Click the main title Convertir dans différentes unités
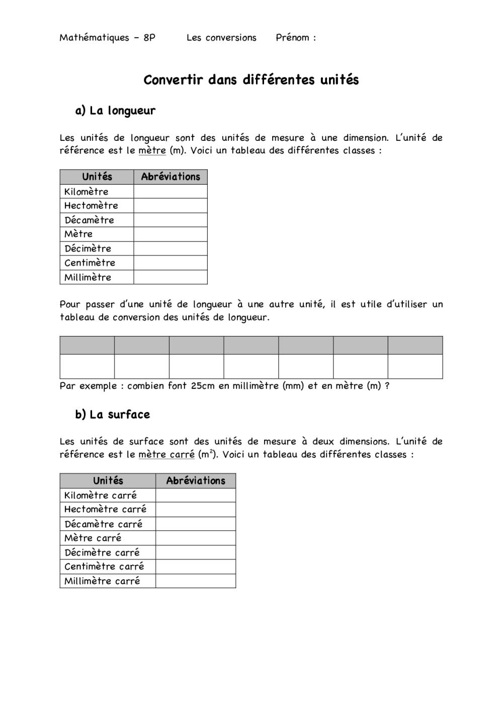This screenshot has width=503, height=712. coord(251,80)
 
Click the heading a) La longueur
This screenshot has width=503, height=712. coord(115,111)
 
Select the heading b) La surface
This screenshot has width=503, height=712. coord(113,415)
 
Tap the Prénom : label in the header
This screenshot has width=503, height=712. coord(296,38)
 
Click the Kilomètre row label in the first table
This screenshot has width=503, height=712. coord(86,192)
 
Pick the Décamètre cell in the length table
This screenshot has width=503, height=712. coord(89,220)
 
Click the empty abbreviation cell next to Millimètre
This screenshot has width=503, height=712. coord(171,277)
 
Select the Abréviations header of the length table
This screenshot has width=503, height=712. coord(171,177)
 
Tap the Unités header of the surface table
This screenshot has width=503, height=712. coord(108,481)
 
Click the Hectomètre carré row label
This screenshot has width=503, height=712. coord(105,509)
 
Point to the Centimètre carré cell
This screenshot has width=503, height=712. coord(104,567)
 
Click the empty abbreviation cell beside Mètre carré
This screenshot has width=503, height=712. coord(196,538)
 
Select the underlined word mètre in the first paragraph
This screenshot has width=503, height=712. coord(152,150)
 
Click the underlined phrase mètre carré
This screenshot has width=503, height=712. coord(166,454)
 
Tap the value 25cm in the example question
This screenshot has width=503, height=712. coord(203,386)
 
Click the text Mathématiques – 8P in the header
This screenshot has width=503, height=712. coord(107,38)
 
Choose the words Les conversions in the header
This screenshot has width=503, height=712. coord(221,38)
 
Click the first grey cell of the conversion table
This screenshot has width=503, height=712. coord(87,346)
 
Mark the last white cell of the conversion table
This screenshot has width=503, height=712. coord(415,366)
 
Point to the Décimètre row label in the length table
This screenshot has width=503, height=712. coord(88,249)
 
